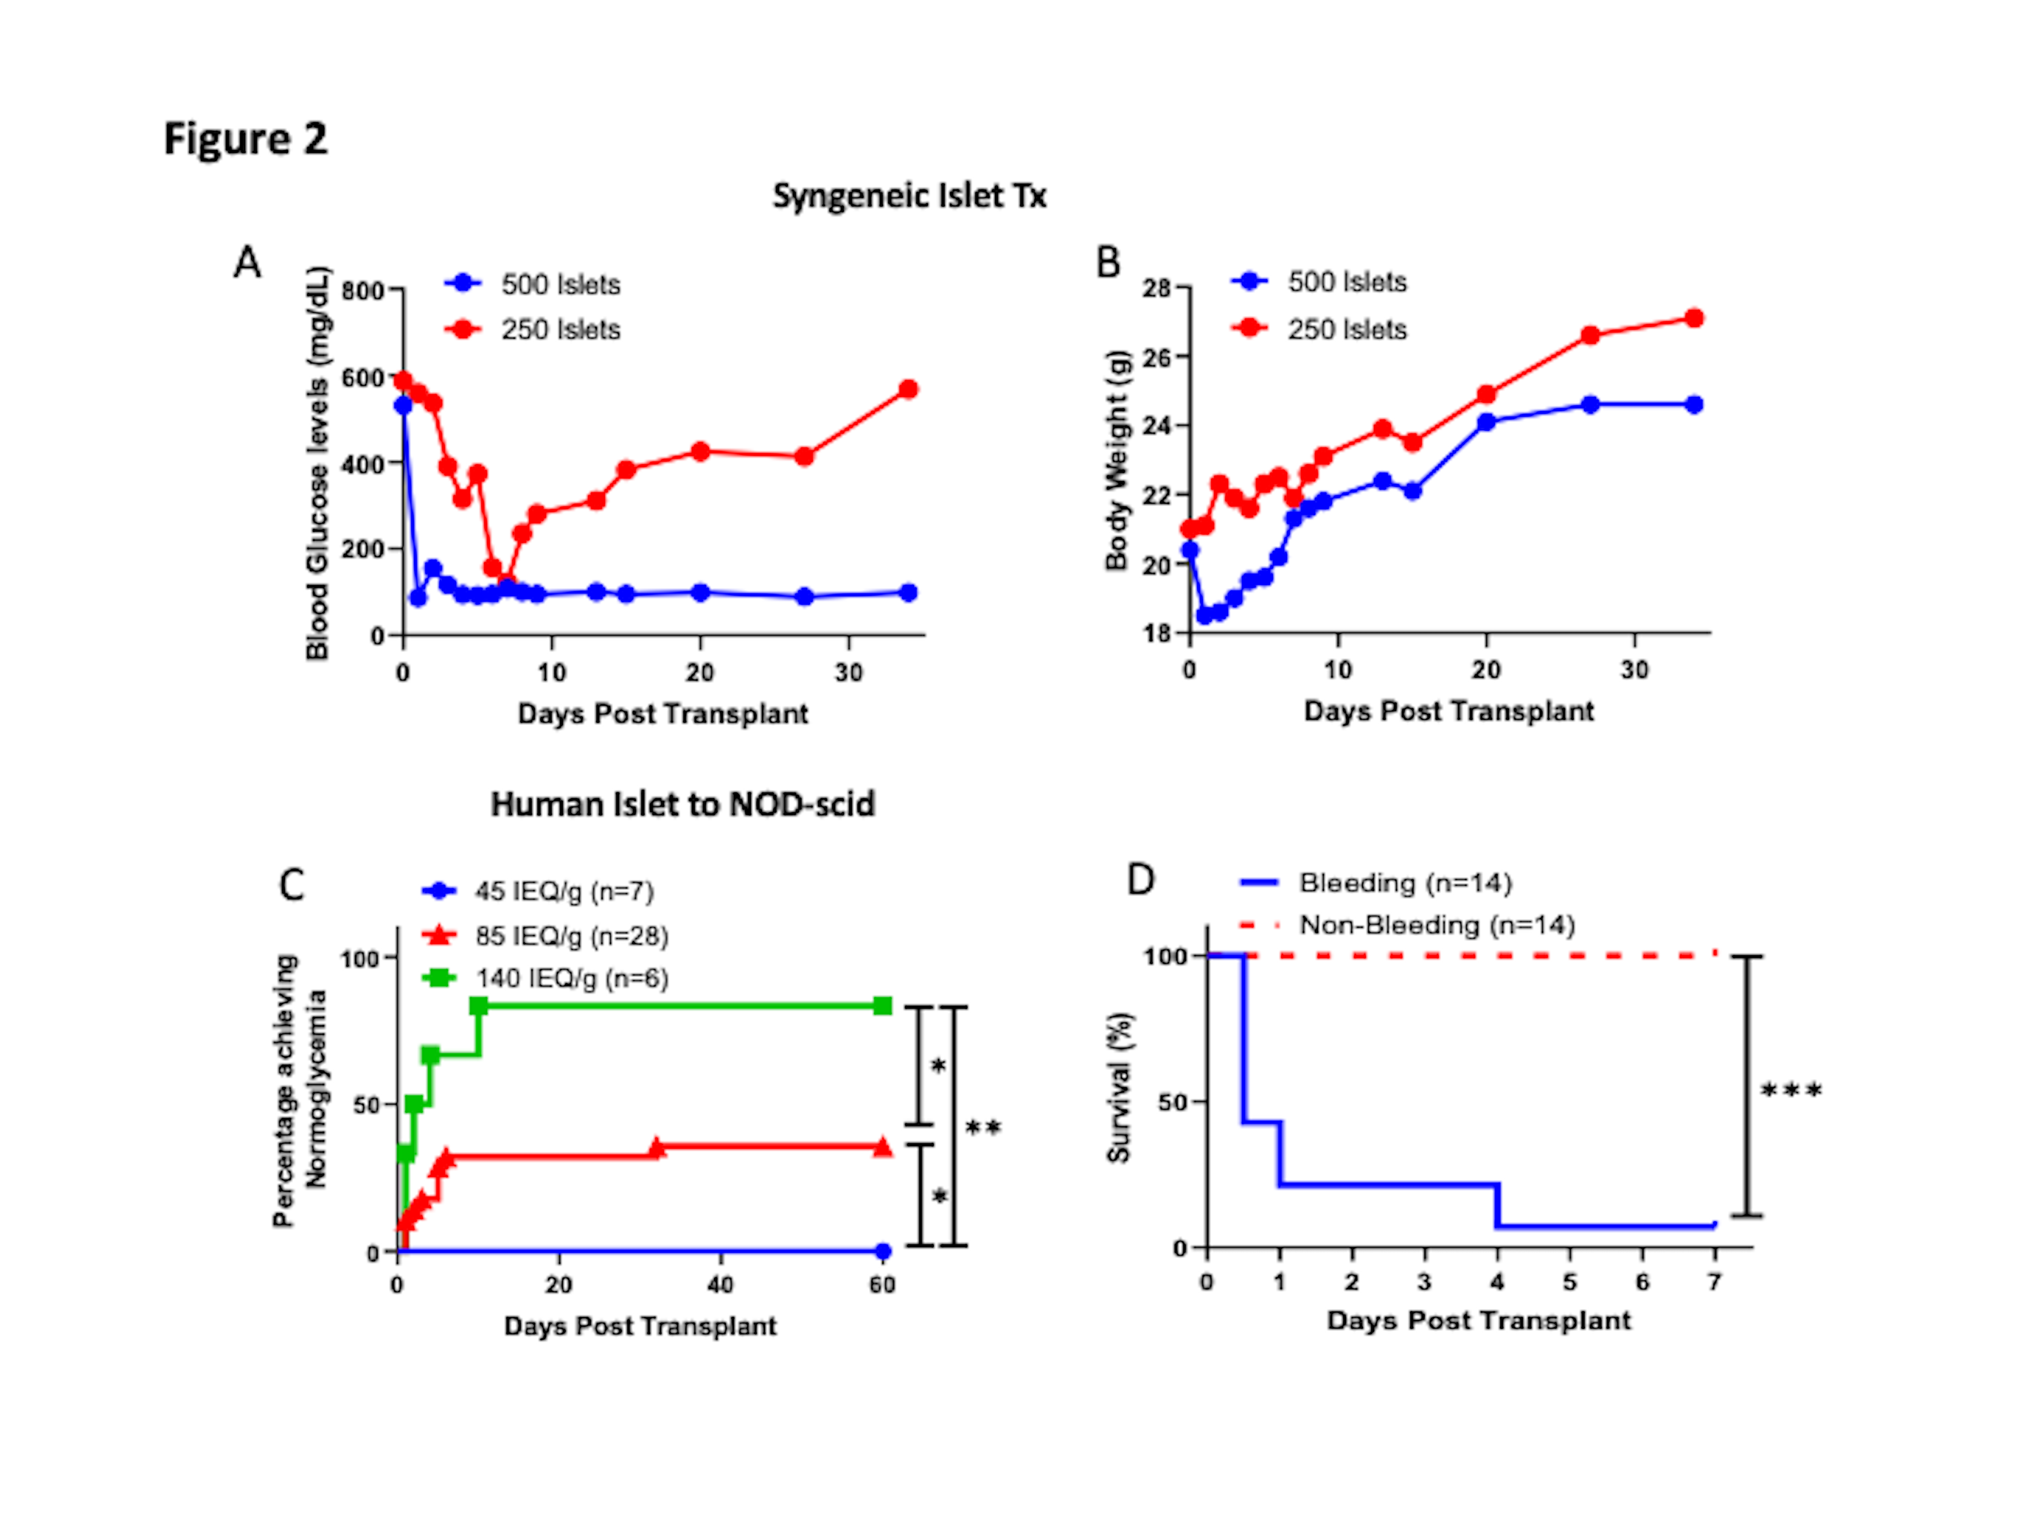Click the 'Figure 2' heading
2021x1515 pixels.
[245, 139]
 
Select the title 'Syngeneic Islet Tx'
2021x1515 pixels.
[909, 195]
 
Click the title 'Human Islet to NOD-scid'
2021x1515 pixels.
[682, 804]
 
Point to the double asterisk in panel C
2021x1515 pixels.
[983, 1128]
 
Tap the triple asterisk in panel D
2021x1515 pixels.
[1791, 1090]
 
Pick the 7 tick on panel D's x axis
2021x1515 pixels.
[1714, 1282]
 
